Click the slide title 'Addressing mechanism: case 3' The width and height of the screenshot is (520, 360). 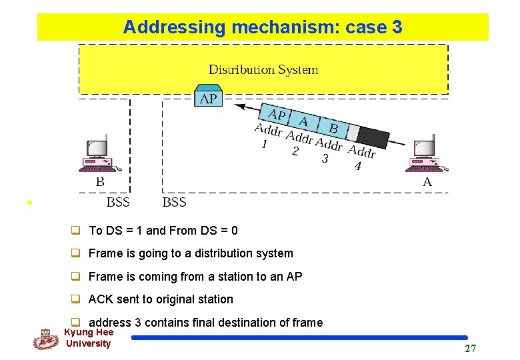(263, 27)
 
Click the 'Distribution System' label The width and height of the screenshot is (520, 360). (263, 69)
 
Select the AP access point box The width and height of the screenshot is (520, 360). (208, 97)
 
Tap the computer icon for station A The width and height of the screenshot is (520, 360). (425, 156)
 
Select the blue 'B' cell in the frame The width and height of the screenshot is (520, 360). (333, 127)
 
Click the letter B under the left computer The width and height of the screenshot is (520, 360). (100, 181)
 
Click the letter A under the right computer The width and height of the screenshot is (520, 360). (427, 181)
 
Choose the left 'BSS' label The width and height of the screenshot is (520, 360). (118, 202)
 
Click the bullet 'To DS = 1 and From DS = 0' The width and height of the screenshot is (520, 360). (163, 231)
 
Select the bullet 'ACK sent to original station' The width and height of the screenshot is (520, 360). (161, 299)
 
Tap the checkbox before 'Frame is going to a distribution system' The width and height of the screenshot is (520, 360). (76, 253)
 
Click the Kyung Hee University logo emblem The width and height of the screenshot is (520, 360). (45, 339)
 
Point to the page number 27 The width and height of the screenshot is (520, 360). (470, 349)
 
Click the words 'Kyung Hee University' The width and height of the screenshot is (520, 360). (89, 338)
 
